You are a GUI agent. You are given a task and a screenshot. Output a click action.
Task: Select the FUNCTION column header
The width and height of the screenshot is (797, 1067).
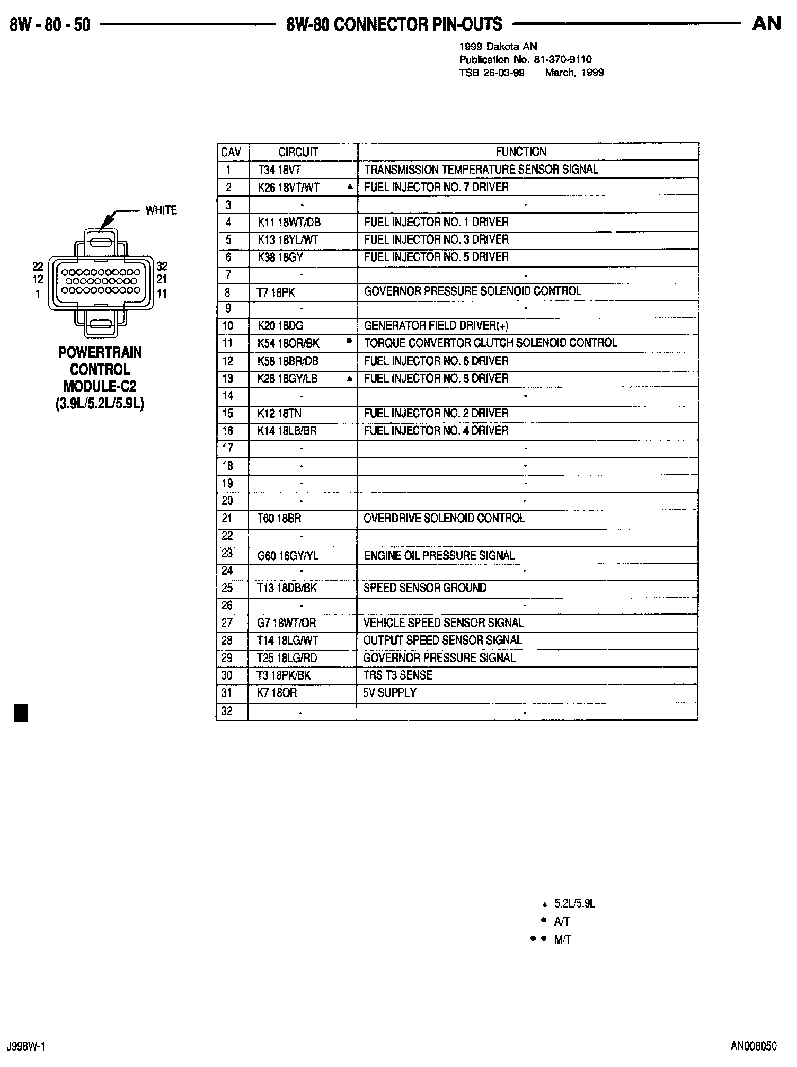(520, 152)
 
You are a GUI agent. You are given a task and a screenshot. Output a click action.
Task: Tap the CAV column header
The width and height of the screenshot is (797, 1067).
(231, 153)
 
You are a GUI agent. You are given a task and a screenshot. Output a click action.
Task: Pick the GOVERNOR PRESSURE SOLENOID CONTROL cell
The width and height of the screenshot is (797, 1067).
(472, 291)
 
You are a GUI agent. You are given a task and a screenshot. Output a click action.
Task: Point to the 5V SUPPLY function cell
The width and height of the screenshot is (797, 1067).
(389, 693)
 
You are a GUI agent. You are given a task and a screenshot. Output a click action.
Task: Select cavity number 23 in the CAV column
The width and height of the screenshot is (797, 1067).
(227, 554)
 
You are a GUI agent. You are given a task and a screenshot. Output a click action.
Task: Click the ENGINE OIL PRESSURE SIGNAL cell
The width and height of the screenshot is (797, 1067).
(439, 556)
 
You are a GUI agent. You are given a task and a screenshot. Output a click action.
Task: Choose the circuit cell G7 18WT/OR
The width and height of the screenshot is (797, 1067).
(286, 624)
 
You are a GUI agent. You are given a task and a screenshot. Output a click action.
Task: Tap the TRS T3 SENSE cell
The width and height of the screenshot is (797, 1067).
(397, 675)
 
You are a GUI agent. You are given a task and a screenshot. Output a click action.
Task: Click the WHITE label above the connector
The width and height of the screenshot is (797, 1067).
(161, 210)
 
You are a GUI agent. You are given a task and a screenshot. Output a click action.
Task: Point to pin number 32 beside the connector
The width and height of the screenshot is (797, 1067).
(162, 266)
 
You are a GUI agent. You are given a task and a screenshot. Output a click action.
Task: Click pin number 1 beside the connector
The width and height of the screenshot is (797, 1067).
(38, 294)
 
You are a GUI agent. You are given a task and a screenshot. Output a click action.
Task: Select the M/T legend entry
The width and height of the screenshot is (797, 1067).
(562, 940)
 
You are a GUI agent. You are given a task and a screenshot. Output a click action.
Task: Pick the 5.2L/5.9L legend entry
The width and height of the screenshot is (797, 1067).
(574, 904)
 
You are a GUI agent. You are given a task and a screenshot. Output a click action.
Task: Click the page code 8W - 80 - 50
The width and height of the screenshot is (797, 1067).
(50, 25)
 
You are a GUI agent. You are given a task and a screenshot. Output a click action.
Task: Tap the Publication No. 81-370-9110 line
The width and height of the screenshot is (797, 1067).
(525, 60)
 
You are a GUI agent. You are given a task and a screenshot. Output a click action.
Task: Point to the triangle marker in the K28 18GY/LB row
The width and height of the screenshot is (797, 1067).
(349, 379)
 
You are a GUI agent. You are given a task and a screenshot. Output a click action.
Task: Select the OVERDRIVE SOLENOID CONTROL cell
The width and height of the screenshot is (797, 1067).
(444, 519)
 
